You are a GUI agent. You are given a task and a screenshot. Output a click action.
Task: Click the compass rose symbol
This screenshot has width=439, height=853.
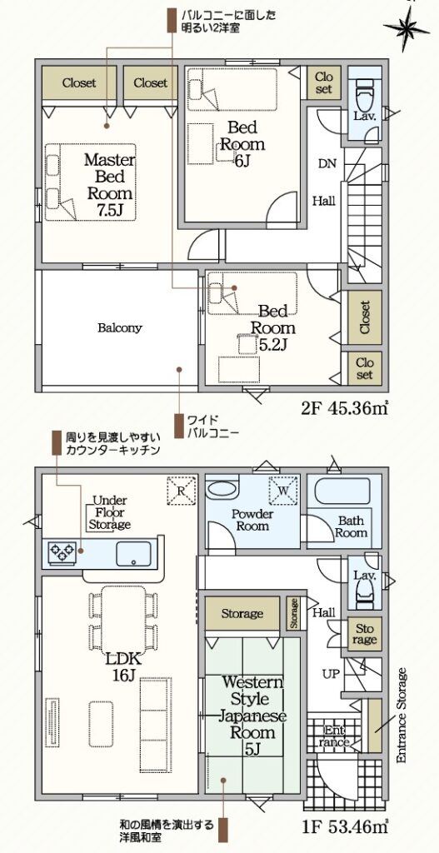tap(407, 28)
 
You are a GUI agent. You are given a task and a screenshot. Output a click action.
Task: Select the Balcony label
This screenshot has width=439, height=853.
tap(120, 328)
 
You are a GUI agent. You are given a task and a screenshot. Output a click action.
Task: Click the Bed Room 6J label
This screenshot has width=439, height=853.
tap(242, 144)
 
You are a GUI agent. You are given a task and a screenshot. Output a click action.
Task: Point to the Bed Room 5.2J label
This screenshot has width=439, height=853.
tap(272, 327)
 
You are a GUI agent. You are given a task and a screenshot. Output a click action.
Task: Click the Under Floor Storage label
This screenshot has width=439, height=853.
tap(111, 512)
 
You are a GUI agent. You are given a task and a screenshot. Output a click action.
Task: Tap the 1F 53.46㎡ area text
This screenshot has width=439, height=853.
tap(346, 827)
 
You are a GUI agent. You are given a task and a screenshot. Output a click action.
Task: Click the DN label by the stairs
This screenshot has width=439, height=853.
tap(327, 162)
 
